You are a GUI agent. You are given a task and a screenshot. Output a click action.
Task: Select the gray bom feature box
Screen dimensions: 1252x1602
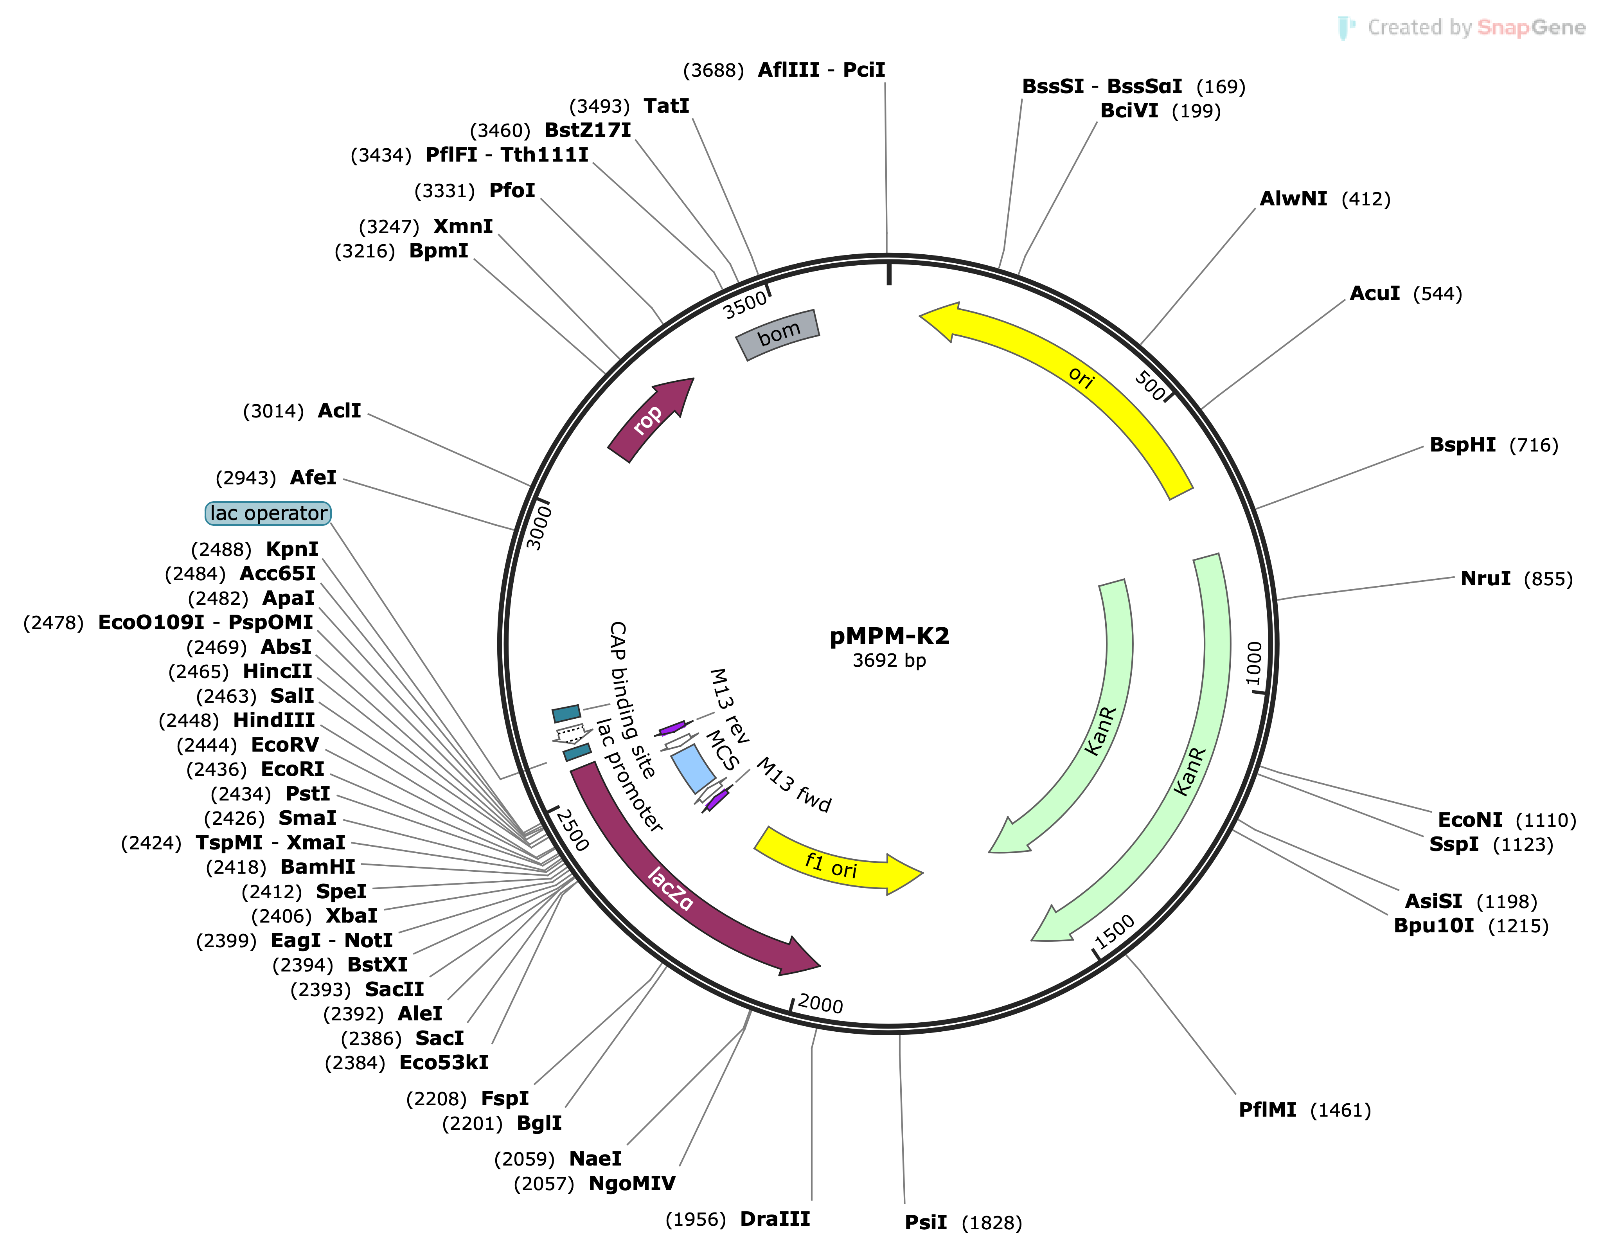click(778, 335)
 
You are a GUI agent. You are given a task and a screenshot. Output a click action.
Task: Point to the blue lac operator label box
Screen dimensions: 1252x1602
click(268, 513)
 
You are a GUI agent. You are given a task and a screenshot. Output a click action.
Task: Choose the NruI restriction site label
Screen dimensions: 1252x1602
click(1485, 579)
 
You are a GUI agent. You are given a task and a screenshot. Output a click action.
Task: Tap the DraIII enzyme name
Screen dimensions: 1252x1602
click(775, 1219)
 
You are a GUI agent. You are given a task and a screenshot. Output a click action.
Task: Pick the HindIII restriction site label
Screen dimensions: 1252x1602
click(273, 720)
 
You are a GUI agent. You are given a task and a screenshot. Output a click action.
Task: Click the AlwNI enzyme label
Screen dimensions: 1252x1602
click(1293, 199)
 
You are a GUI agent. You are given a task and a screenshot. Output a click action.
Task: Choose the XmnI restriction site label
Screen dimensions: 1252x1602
click(463, 226)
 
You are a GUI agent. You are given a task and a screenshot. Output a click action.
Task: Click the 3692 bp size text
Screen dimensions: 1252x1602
click(889, 661)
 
